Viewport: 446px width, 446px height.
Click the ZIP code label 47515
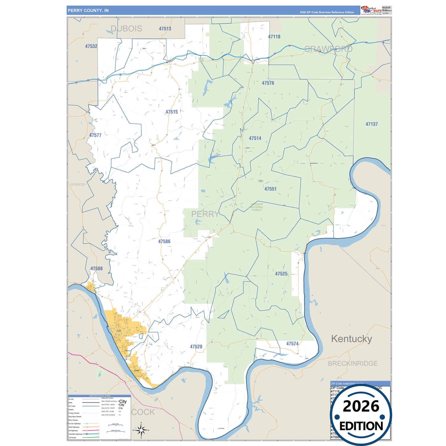point(172,112)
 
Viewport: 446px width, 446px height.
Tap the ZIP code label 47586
point(164,241)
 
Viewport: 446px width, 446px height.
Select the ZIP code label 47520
point(196,347)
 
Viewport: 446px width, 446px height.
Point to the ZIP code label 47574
point(292,344)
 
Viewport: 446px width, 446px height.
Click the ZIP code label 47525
point(281,274)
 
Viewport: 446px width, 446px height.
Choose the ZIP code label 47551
point(270,189)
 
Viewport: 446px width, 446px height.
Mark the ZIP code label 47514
point(255,138)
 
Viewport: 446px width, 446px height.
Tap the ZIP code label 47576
point(268,83)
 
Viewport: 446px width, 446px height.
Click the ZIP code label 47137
point(372,124)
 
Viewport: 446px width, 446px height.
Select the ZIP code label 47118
point(274,37)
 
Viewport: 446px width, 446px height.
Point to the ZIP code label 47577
point(95,135)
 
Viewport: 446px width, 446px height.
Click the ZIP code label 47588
point(97,269)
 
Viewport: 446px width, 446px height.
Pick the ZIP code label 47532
point(91,46)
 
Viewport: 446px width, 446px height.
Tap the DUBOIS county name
point(126,29)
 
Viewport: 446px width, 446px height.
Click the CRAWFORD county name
point(328,49)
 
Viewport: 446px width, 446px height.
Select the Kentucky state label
point(352,339)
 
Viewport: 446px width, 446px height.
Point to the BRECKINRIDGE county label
point(352,363)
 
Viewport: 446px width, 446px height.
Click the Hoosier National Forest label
point(257,207)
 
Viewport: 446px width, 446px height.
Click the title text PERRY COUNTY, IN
point(88,10)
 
